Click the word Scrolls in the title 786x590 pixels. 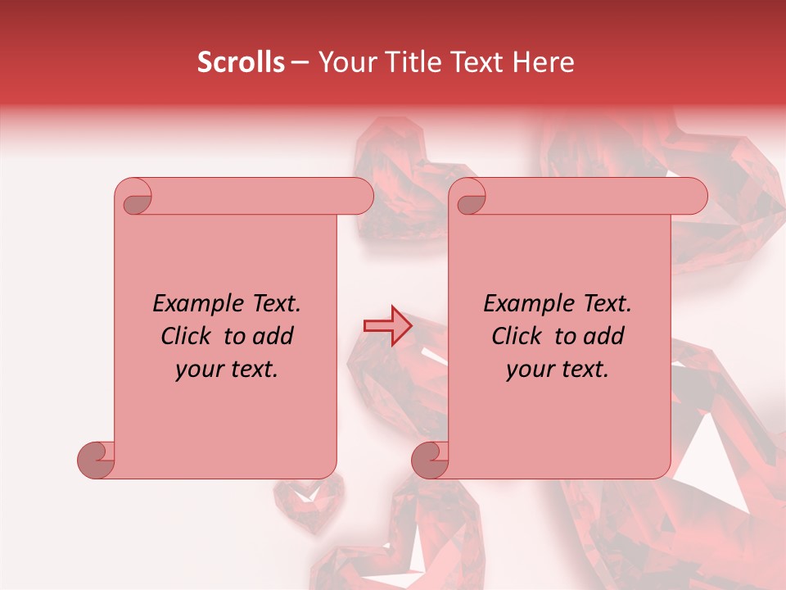click(x=241, y=62)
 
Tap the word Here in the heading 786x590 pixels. click(x=544, y=62)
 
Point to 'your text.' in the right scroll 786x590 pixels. click(x=558, y=369)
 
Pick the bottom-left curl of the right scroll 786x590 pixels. click(x=431, y=459)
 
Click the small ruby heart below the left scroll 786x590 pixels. click(x=309, y=501)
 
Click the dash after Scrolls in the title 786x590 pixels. click(x=300, y=63)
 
